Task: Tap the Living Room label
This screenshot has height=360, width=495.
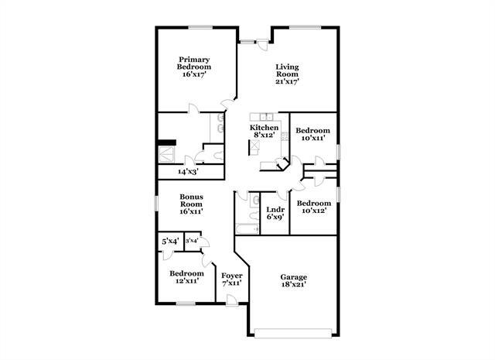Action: (287, 74)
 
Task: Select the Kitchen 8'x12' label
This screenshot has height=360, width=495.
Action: (264, 131)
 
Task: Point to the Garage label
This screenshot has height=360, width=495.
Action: (293, 281)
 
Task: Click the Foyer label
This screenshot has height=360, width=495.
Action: (231, 279)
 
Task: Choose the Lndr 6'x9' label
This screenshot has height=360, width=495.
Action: (275, 213)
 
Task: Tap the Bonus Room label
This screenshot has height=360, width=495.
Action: (191, 204)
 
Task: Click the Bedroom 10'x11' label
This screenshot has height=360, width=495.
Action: (314, 134)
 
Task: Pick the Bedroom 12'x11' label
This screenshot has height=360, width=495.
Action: (186, 277)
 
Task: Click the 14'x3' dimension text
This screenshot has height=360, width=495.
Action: (188, 171)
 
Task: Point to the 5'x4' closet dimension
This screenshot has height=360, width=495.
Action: (170, 242)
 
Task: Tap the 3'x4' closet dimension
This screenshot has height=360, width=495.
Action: (192, 241)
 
